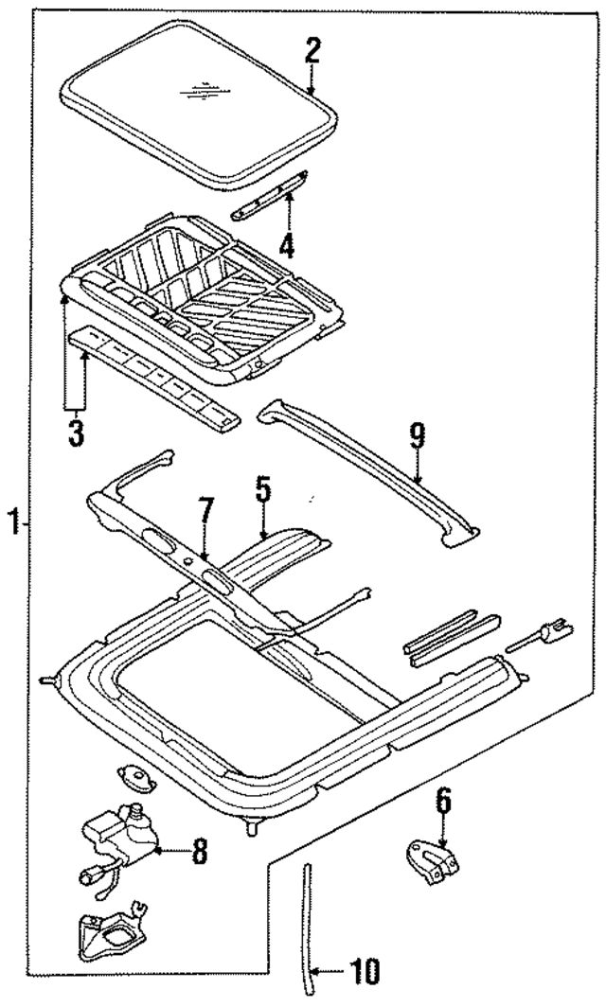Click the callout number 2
[x=312, y=50]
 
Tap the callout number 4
[x=286, y=247]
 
